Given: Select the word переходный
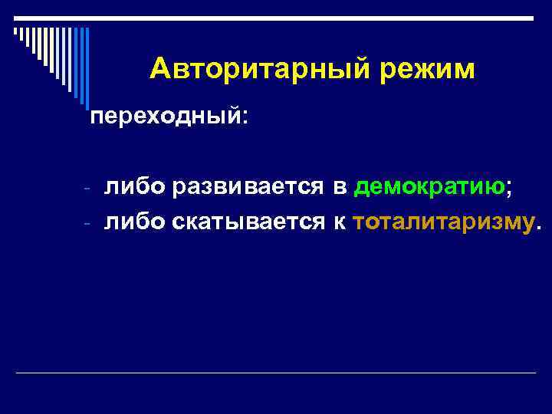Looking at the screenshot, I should (x=164, y=119).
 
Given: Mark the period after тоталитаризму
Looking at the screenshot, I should (x=537, y=228).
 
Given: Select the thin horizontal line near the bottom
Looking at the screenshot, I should (x=276, y=373).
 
